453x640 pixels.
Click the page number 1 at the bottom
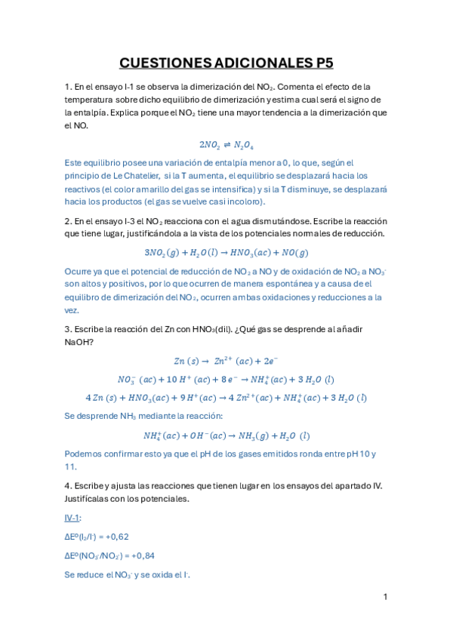385,597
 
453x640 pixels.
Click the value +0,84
140,555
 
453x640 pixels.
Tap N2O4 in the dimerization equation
242,145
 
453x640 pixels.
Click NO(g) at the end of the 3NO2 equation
294,253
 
